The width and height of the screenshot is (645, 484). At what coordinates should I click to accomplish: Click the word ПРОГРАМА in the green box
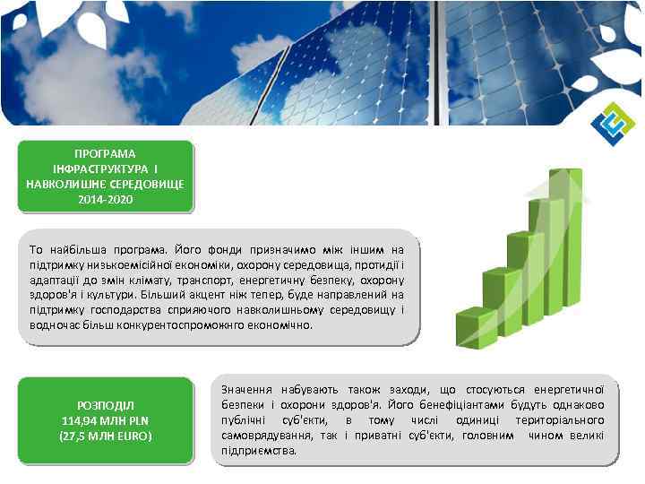pos(106,153)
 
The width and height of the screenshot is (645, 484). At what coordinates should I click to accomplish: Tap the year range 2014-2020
pos(106,198)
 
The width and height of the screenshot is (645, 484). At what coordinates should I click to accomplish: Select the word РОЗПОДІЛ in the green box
pos(106,405)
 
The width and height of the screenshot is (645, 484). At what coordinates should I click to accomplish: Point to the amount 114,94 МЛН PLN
pos(106,420)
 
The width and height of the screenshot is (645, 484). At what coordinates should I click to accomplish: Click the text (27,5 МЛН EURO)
pos(106,436)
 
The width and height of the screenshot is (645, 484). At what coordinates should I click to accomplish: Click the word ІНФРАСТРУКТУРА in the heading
pos(99,169)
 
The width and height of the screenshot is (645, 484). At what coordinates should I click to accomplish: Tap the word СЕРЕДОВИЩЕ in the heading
pos(144,184)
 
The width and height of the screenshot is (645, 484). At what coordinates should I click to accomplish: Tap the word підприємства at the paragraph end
pos(259,450)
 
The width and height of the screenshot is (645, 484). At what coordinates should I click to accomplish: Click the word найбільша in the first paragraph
pos(76,248)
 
